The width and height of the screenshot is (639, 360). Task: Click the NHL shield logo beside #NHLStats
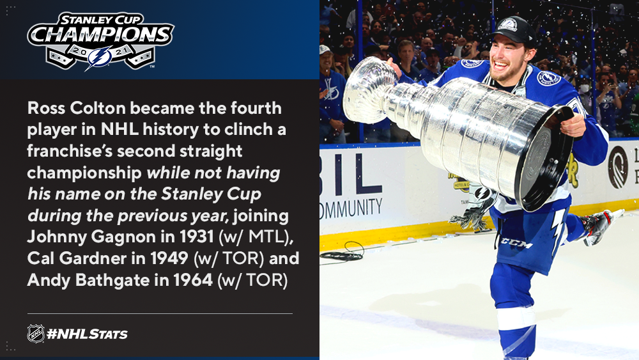[x=36, y=334]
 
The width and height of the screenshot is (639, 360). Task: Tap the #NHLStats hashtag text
[x=87, y=334]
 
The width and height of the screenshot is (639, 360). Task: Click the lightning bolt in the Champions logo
[x=99, y=58]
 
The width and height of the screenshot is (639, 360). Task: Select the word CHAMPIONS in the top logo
[x=101, y=35]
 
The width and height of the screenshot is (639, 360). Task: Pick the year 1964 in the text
[x=193, y=280]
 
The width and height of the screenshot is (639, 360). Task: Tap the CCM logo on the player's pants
[x=516, y=243]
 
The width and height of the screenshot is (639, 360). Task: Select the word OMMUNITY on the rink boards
[x=351, y=208]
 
